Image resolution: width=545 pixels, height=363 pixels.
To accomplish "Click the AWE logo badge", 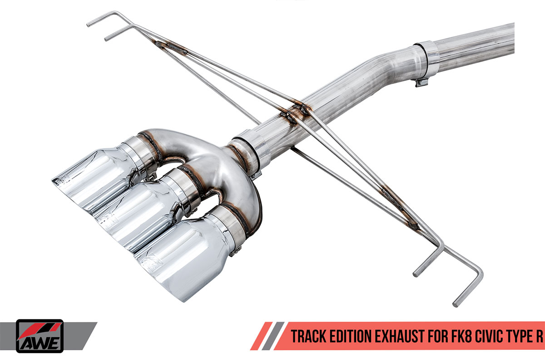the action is coord(40,336).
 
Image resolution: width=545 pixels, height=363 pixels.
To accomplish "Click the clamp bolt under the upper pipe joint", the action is coord(421,82).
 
